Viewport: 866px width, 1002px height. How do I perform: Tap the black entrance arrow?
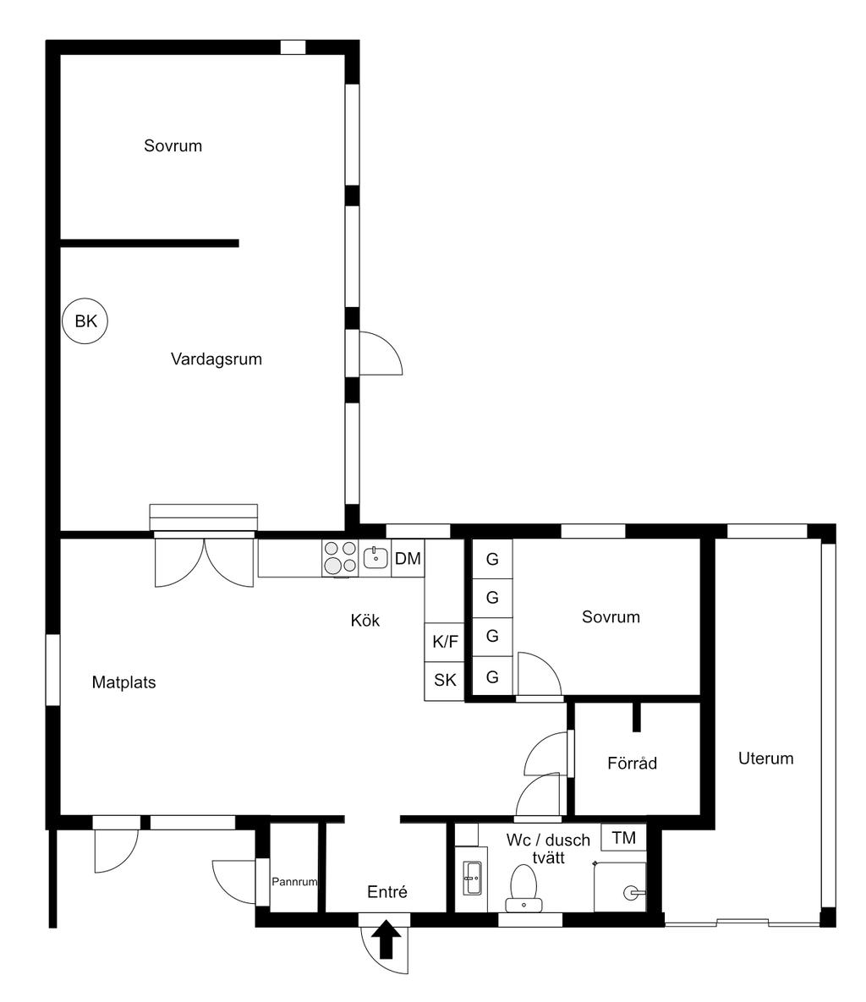point(386,939)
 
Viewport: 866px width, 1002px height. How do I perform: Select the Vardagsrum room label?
point(216,359)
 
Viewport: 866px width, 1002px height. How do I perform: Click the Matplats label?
point(124,682)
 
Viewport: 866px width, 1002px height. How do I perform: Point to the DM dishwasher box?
point(408,559)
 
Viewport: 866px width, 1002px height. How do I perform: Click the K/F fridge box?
point(445,642)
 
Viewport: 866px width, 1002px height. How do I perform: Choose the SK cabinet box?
point(445,681)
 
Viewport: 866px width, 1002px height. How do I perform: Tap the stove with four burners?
point(340,558)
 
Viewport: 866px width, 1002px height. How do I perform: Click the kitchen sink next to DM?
point(375,558)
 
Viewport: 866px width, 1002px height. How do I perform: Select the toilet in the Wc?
point(523,888)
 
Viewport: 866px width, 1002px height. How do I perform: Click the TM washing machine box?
point(623,838)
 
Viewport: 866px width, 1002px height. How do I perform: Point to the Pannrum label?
point(294,882)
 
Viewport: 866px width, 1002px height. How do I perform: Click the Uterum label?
point(765,758)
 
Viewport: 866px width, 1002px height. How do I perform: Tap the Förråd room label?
point(632,763)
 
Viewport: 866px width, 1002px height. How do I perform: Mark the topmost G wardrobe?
point(492,559)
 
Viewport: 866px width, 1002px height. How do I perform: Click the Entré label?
point(387,891)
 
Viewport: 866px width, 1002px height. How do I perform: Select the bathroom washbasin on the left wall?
point(472,879)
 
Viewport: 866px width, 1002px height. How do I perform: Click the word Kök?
point(365,621)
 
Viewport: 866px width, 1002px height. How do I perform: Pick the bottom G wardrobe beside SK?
point(492,676)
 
